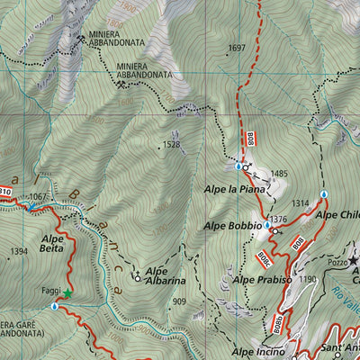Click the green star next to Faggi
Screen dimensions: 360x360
pyautogui.click(x=66, y=293)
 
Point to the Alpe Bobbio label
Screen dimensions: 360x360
pyautogui.click(x=233, y=225)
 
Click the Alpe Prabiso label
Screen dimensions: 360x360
pyautogui.click(x=261, y=281)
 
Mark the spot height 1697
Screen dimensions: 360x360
pyautogui.click(x=238, y=48)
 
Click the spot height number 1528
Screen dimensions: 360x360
pyautogui.click(x=172, y=144)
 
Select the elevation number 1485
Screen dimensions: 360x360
pyautogui.click(x=278, y=174)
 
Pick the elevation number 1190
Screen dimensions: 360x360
pyautogui.click(x=309, y=280)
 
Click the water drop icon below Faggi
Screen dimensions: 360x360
pyautogui.click(x=54, y=307)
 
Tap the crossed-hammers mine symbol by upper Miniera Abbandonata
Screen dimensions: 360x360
pyautogui.click(x=81, y=37)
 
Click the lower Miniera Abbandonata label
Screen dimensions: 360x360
pyautogui.click(x=146, y=71)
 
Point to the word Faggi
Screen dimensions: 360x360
pyautogui.click(x=50, y=292)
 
